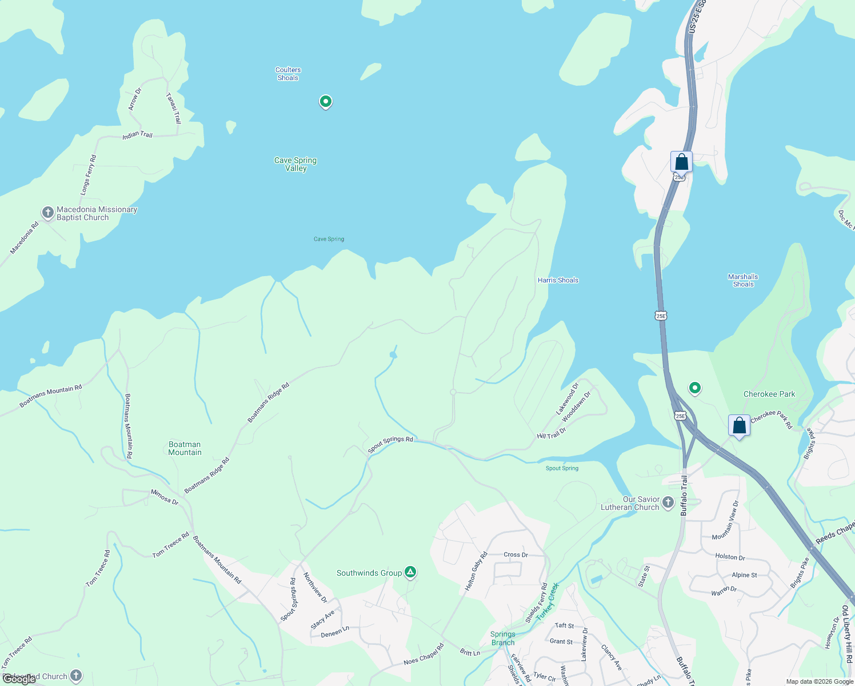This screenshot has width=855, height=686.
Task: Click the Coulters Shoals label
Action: (288, 74)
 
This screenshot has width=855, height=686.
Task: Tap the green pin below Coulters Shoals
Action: (326, 102)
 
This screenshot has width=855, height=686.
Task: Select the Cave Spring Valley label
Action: (295, 164)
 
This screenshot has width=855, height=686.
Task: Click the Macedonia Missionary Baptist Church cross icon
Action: (48, 213)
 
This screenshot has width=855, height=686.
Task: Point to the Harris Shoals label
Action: (558, 280)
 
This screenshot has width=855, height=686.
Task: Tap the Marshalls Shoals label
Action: (743, 280)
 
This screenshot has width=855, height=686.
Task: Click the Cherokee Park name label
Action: (769, 394)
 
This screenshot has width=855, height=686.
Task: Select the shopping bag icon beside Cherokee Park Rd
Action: (739, 426)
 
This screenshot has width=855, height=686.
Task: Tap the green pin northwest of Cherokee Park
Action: (694, 388)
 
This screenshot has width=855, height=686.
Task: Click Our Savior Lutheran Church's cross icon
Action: (668, 503)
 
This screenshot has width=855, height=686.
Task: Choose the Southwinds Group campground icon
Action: (410, 572)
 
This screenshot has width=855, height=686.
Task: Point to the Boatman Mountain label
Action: (185, 448)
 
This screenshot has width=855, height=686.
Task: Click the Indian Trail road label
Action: (138, 135)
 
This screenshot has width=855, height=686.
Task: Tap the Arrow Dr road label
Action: (134, 99)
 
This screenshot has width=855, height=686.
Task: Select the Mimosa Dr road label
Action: (165, 497)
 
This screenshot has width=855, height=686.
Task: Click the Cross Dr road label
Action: (516, 555)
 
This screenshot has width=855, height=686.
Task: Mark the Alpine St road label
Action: (744, 575)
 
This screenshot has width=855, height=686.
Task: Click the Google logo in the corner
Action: (19, 679)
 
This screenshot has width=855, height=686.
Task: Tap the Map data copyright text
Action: (818, 681)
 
